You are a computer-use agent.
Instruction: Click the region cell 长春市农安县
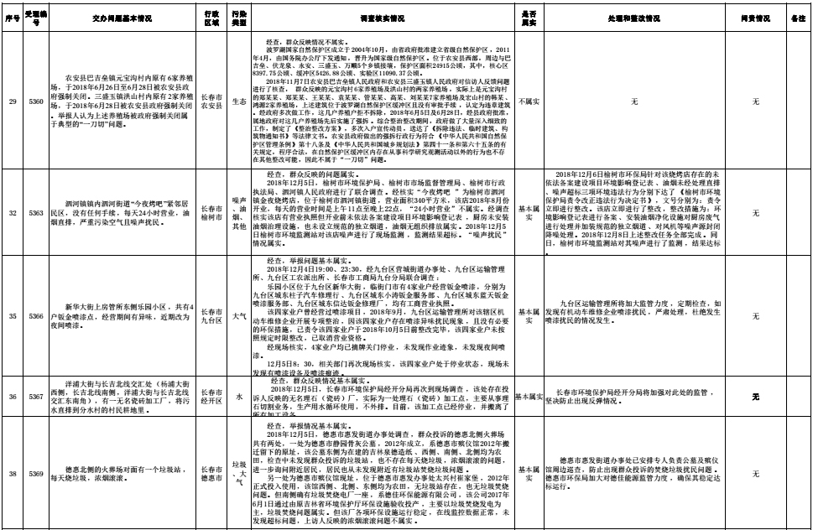[213, 101]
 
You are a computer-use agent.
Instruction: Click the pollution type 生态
[238, 101]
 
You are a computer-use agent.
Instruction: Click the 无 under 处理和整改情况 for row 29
[634, 101]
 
